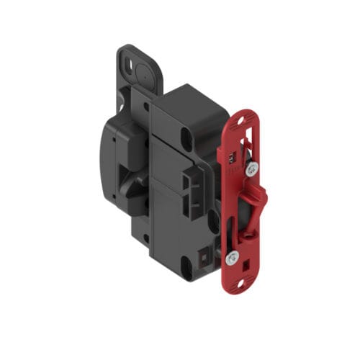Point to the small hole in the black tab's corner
tap(129, 62)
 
